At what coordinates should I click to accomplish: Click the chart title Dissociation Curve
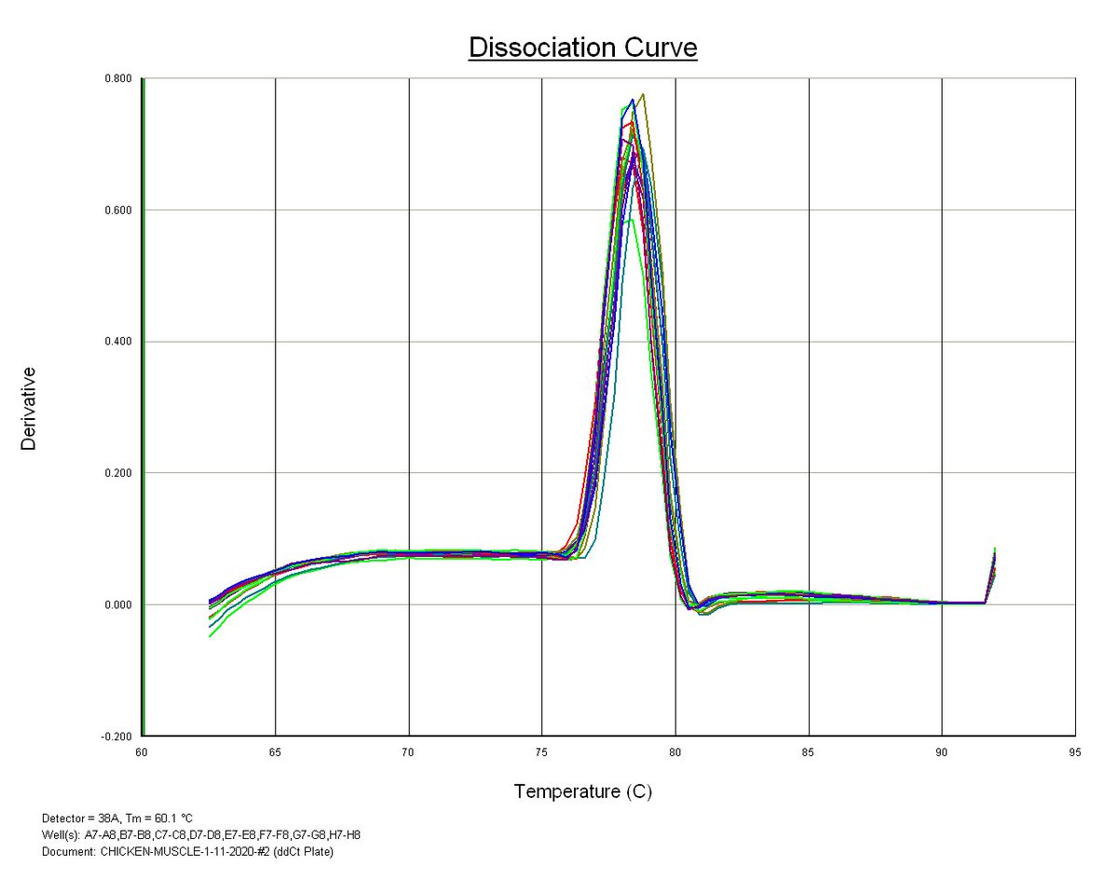582,47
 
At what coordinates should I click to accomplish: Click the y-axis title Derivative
29,408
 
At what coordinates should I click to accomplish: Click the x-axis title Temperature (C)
582,792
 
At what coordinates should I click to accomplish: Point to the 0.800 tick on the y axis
119,79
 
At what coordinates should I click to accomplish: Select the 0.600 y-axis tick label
119,210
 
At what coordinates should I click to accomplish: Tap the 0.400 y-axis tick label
119,342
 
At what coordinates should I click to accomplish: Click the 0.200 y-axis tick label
119,473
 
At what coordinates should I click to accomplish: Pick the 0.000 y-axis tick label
119,604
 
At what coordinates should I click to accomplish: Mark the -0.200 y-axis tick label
117,736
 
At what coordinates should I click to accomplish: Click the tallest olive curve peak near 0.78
643,95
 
